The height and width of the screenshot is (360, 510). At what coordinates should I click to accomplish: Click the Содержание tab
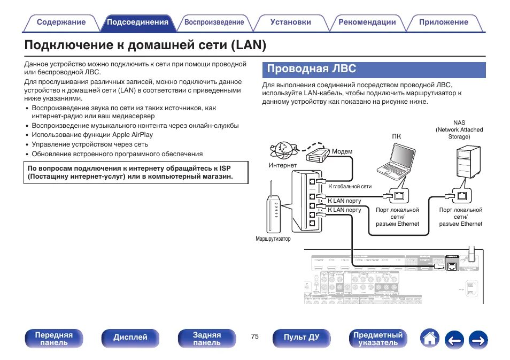[61, 22]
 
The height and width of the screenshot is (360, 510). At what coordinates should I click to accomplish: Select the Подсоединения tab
[137, 22]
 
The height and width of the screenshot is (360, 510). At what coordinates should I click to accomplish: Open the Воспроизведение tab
[214, 22]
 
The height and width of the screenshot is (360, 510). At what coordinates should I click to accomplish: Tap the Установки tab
[290, 22]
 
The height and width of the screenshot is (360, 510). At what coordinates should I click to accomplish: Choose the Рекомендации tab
[367, 22]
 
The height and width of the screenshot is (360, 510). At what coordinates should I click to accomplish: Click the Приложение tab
[443, 22]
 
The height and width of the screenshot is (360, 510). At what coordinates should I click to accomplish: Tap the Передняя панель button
[53, 339]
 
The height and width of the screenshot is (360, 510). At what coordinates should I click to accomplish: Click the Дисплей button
[130, 338]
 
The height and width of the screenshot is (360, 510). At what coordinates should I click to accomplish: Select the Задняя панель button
[206, 339]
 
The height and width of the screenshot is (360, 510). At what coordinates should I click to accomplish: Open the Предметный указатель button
[378, 339]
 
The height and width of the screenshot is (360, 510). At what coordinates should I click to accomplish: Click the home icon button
[430, 338]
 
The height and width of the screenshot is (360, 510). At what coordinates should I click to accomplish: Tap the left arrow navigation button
[454, 339]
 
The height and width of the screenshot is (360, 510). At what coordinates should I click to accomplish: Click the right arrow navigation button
[478, 339]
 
